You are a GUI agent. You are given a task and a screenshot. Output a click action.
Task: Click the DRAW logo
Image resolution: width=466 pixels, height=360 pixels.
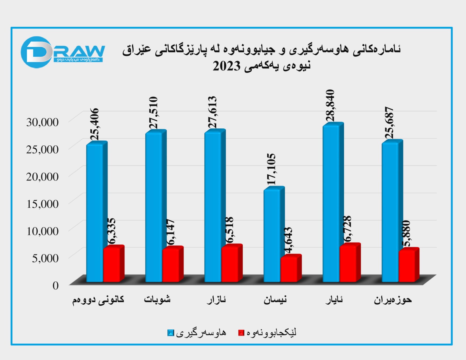(63, 52)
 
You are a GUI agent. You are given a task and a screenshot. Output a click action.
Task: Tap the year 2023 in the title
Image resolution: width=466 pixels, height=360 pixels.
(226, 66)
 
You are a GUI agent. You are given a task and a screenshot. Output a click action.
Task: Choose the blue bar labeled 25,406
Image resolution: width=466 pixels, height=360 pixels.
(95, 213)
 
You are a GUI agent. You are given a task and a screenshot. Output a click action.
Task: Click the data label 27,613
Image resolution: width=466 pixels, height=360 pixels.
(213, 112)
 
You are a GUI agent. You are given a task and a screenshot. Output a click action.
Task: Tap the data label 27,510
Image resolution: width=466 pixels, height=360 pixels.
(153, 113)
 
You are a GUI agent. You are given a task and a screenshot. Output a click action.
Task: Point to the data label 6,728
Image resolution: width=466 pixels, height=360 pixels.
(347, 229)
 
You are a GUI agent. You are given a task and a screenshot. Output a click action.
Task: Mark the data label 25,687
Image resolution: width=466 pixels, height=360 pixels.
(389, 123)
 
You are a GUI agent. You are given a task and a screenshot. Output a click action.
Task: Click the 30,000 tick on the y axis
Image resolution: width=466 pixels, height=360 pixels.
(43, 122)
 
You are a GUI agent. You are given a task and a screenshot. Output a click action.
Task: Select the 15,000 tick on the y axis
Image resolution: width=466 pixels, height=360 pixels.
(43, 204)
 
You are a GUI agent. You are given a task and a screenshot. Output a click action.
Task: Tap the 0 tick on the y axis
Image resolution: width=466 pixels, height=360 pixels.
(55, 285)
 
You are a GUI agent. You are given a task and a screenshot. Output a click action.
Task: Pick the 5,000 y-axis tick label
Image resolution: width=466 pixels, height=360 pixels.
(45, 258)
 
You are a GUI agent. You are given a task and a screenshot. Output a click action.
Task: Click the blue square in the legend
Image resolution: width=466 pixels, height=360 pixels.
(171, 333)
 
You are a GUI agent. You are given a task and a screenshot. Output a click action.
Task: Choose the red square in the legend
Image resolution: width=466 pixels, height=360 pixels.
(241, 333)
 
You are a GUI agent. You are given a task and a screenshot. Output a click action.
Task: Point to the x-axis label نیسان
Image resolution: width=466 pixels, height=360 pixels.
(275, 299)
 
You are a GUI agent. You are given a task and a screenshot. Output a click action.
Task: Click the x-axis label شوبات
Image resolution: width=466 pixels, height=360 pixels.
(157, 299)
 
